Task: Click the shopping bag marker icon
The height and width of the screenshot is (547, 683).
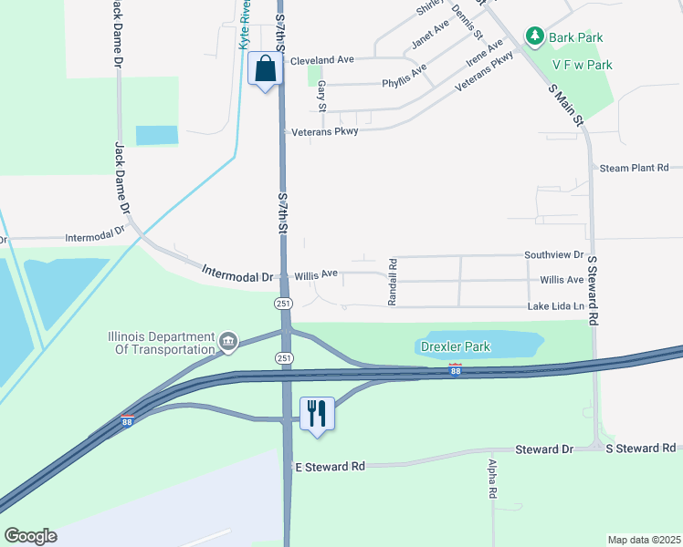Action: (265, 69)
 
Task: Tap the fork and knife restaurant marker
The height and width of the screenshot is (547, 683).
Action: (317, 413)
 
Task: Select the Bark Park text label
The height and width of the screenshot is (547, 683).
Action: (576, 37)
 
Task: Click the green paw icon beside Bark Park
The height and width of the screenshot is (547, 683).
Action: (534, 37)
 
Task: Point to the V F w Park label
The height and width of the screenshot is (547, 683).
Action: (582, 65)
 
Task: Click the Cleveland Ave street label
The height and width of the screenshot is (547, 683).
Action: (321, 60)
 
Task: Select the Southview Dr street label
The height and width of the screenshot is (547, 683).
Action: (553, 255)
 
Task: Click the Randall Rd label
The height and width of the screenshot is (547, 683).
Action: (392, 282)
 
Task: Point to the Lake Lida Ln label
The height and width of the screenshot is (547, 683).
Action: (555, 307)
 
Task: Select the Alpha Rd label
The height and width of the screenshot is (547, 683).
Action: (491, 480)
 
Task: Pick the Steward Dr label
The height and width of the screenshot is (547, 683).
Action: (543, 449)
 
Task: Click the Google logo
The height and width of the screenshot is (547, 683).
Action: (30, 536)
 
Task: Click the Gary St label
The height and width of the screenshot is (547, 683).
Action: (321, 91)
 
